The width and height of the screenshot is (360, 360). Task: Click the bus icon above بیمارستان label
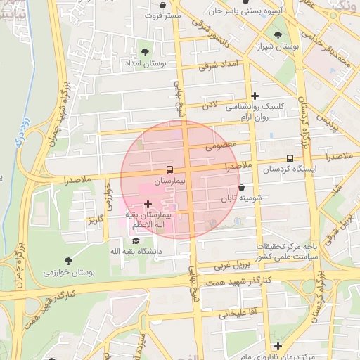pyautogui.click(x=169, y=169)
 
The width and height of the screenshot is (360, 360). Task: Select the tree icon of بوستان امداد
pyautogui.click(x=145, y=52)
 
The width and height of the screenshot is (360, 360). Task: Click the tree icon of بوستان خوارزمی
pyautogui.click(x=68, y=261)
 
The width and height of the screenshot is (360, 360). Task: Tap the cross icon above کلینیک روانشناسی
pyautogui.click(x=255, y=96)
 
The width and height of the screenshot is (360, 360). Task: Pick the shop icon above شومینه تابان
pyautogui.click(x=243, y=188)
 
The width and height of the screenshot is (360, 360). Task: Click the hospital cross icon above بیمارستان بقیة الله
pyautogui.click(x=147, y=204)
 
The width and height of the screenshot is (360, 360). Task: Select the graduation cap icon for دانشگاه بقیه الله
pyautogui.click(x=136, y=240)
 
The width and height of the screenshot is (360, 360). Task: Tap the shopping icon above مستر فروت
pyautogui.click(x=162, y=5)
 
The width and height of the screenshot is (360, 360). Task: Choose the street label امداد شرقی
pyautogui.click(x=219, y=65)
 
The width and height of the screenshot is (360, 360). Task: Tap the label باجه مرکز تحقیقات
pyautogui.click(x=289, y=247)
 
